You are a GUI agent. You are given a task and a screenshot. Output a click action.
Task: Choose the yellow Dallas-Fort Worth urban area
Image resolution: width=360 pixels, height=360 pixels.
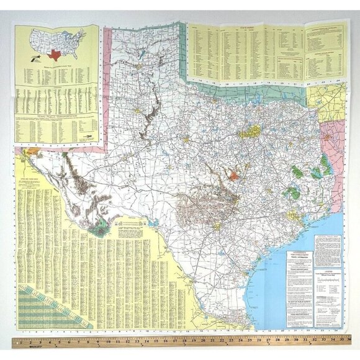[251, 132]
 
